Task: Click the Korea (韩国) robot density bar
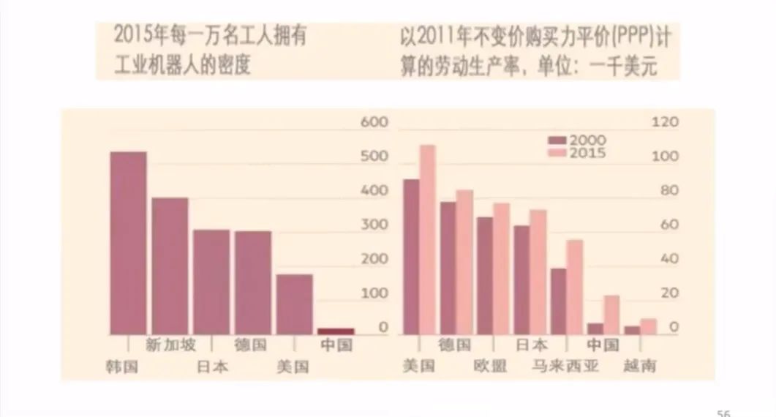pyautogui.click(x=128, y=243)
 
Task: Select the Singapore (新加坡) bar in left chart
pyautogui.click(x=170, y=266)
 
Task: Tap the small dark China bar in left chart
pyautogui.click(x=336, y=331)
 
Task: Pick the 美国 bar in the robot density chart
pyautogui.click(x=294, y=304)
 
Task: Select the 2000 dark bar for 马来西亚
pyautogui.click(x=559, y=301)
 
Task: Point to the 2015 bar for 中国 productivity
pyautogui.click(x=611, y=315)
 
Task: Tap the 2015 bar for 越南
pyautogui.click(x=648, y=326)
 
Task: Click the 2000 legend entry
pyautogui.click(x=578, y=140)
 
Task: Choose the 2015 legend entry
pyautogui.click(x=578, y=153)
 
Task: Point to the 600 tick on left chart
pyautogui.click(x=374, y=121)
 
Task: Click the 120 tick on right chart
pyautogui.click(x=666, y=121)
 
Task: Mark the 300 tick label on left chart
pyautogui.click(x=374, y=225)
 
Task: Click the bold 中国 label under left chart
pyautogui.click(x=336, y=345)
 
